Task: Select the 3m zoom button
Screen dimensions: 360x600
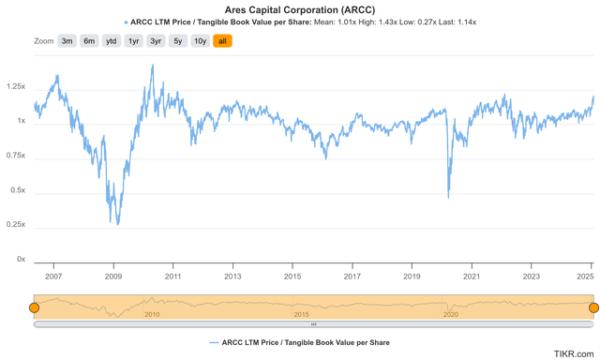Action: (x=67, y=41)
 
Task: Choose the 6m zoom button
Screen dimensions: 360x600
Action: (x=89, y=41)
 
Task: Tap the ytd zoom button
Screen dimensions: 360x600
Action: (x=112, y=41)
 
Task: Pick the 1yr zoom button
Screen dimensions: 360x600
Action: (x=134, y=41)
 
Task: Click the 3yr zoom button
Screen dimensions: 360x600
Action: (x=156, y=41)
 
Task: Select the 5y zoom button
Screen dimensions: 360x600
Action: (x=178, y=41)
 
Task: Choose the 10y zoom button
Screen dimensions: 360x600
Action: (x=200, y=41)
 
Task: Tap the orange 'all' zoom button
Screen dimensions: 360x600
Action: (x=222, y=41)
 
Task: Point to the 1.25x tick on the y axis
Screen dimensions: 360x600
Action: (x=15, y=86)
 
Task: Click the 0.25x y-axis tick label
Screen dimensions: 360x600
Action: (x=15, y=225)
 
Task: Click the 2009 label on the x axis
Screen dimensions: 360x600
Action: (x=113, y=277)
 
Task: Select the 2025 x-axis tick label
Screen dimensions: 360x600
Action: (x=586, y=277)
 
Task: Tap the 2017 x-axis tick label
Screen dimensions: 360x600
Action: (x=352, y=277)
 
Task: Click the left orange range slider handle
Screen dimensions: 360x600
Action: (x=34, y=307)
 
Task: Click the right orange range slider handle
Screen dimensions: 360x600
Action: (x=592, y=307)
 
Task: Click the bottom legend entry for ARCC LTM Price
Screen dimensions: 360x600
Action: (x=300, y=342)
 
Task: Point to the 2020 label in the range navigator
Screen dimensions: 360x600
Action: (x=451, y=314)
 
